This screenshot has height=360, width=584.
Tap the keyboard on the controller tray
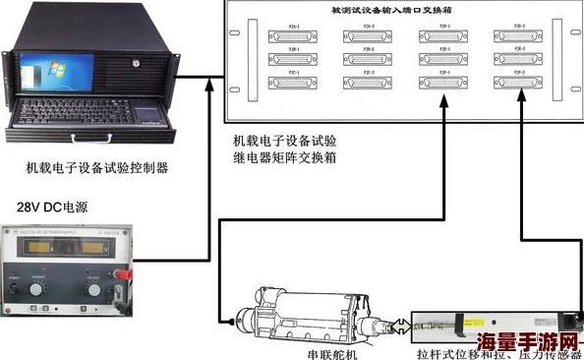click(x=84, y=110)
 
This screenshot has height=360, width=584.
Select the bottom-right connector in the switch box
click(x=521, y=82)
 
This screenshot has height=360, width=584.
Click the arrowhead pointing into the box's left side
click(x=209, y=86)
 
